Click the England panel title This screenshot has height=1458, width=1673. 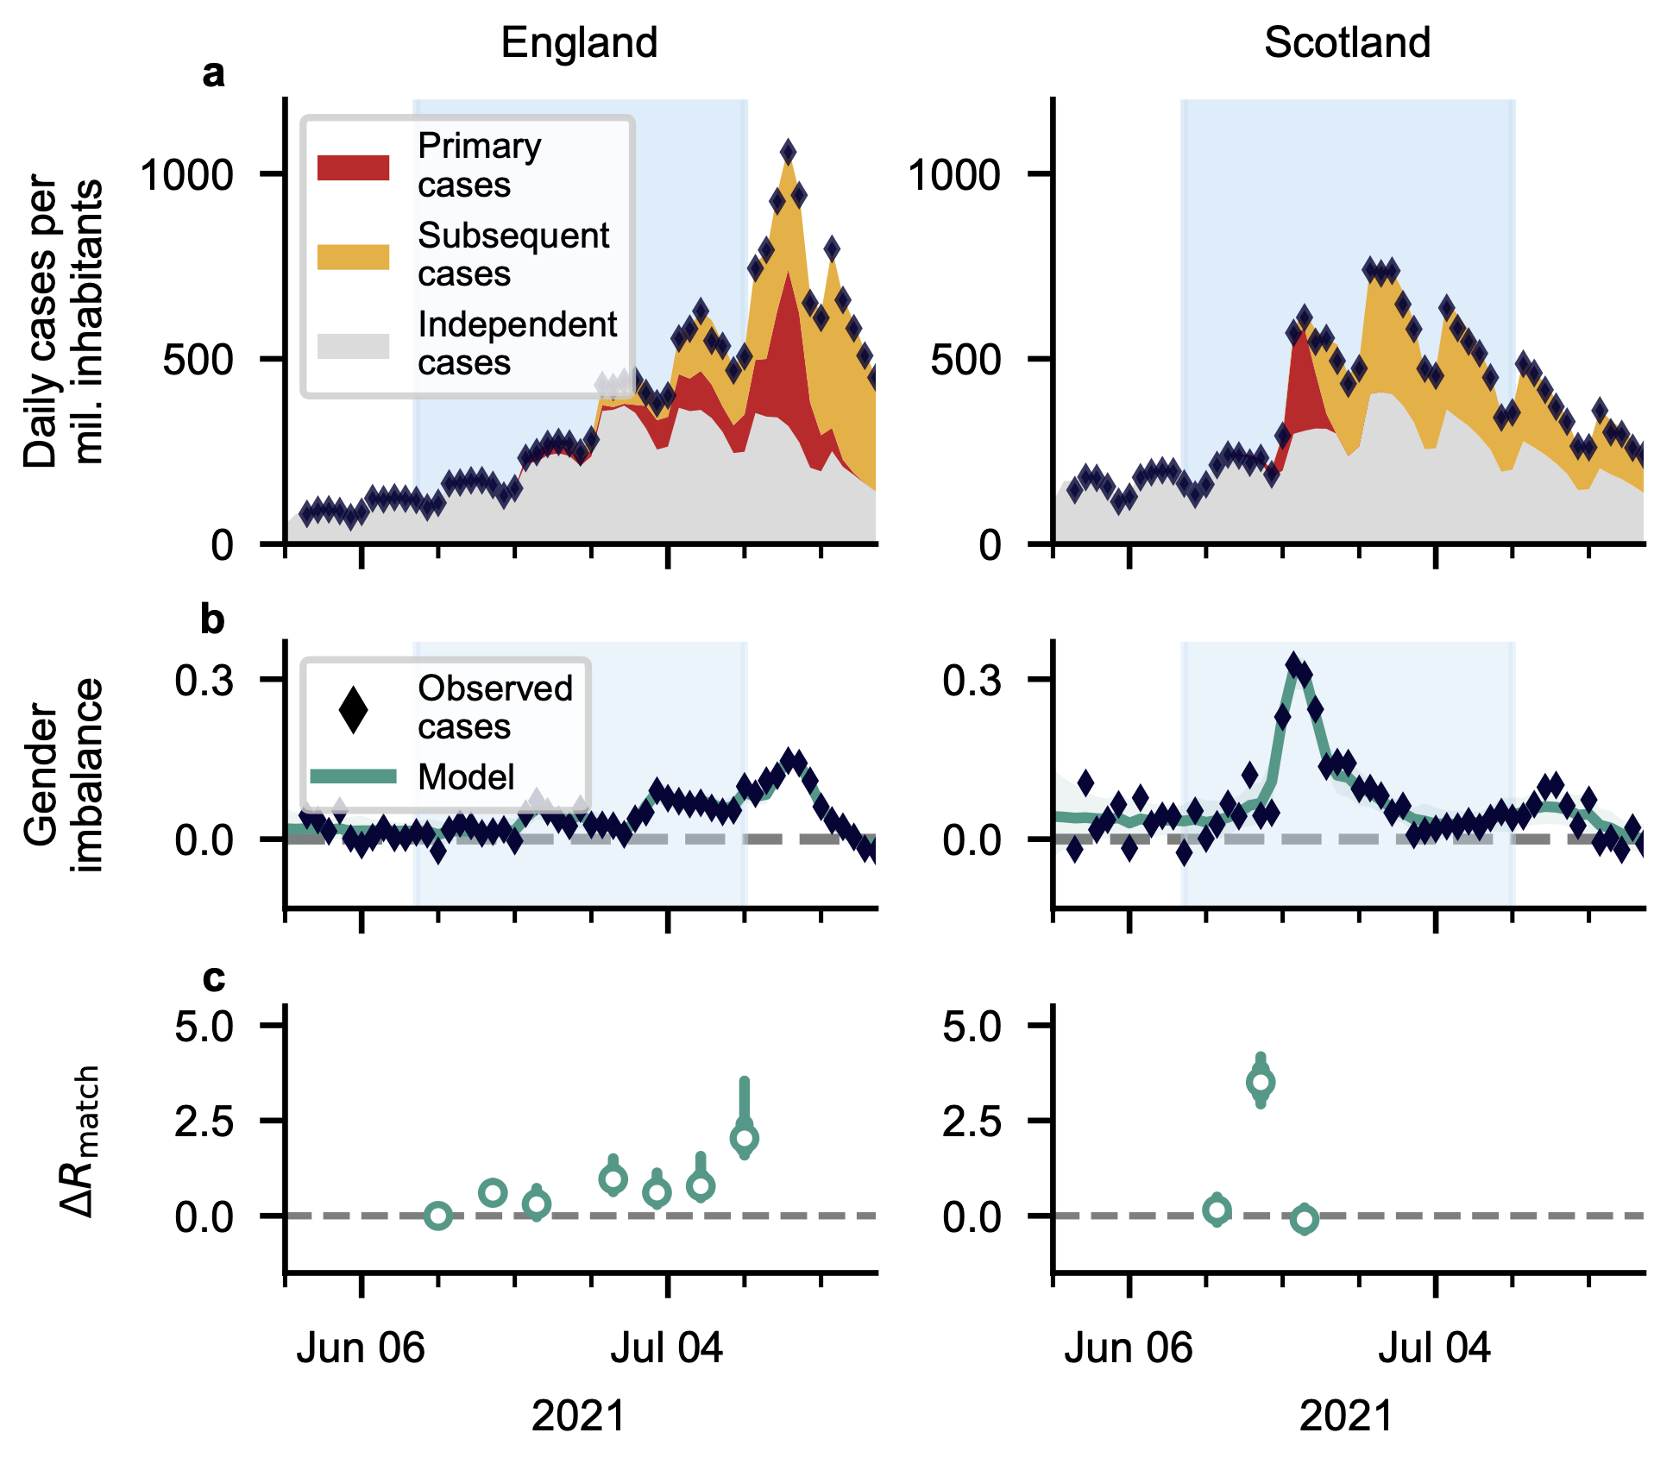[579, 42]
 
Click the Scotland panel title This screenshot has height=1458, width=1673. [1347, 42]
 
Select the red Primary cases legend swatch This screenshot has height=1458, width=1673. [353, 167]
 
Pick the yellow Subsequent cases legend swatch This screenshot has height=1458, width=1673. [353, 256]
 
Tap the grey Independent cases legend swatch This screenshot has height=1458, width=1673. [353, 345]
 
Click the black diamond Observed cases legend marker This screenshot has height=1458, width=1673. [353, 709]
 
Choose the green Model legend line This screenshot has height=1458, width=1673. [353, 776]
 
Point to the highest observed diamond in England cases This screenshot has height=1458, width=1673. [788, 153]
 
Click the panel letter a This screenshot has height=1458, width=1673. [213, 74]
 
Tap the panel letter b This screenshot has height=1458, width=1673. [212, 619]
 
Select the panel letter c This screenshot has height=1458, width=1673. [213, 978]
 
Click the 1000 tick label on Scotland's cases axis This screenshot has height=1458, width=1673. [954, 175]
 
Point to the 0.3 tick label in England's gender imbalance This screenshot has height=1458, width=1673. [204, 681]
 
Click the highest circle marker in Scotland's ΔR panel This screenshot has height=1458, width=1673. [1261, 1082]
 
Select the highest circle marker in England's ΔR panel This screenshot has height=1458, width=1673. [744, 1138]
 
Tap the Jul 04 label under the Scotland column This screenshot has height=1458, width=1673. [1434, 1348]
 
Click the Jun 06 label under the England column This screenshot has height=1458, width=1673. [361, 1348]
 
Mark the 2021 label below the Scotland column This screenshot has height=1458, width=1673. [1346, 1416]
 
